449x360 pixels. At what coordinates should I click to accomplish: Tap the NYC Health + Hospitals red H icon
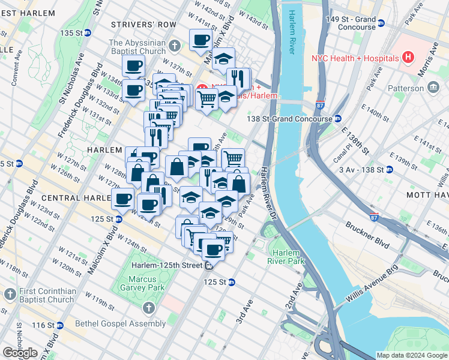tap(409, 58)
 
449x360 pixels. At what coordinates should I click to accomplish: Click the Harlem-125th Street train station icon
tap(209, 266)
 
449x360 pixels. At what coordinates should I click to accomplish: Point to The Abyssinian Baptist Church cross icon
tap(174, 46)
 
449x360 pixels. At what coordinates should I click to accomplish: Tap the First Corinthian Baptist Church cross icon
tap(10, 295)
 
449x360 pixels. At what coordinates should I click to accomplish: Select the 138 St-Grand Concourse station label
tap(290, 119)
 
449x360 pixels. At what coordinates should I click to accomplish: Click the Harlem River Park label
tap(286, 256)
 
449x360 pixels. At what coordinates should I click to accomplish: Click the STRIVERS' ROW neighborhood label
tap(144, 25)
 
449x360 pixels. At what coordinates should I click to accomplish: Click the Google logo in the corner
tap(20, 353)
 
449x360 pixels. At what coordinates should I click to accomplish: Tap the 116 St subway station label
tap(47, 325)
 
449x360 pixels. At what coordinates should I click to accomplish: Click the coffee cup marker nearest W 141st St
tap(200, 41)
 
